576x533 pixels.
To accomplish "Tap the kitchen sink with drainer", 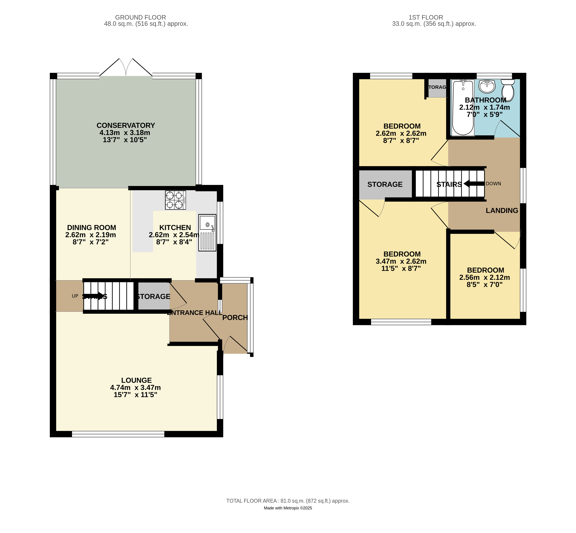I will point(207,233).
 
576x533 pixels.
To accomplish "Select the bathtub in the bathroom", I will point(463,108).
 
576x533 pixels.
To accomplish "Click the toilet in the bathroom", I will point(508,90).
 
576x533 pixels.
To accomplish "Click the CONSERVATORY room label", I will point(126,125).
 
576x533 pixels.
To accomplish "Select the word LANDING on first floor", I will point(502,211).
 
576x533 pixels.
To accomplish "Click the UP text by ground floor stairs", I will point(75,296).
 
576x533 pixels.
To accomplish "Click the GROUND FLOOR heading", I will point(140,17).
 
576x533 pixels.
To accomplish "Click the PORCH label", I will point(235,318).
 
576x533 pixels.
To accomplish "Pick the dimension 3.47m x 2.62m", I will point(401,261).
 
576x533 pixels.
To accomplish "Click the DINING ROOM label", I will point(91,228).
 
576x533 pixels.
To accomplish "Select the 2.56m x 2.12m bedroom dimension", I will point(484,278).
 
